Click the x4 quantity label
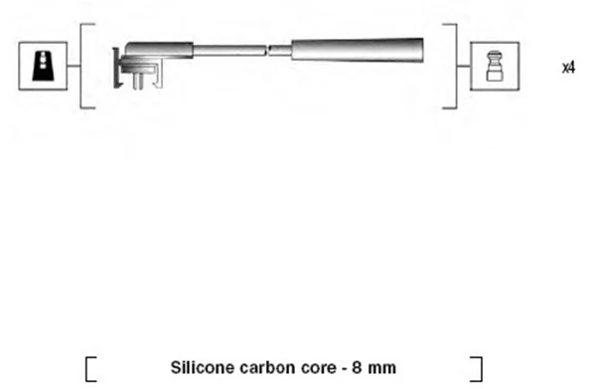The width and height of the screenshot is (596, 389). [x=568, y=68]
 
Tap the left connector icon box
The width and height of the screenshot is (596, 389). [x=40, y=66]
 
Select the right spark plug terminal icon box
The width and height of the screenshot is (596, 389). [x=494, y=66]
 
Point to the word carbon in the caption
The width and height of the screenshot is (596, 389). [x=263, y=367]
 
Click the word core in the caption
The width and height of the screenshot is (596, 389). [x=315, y=367]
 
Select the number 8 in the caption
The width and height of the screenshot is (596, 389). [x=355, y=367]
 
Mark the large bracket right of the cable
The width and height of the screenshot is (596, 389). [x=453, y=66]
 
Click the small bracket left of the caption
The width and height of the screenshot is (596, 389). [x=90, y=368]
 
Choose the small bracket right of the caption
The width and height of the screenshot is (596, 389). [x=478, y=368]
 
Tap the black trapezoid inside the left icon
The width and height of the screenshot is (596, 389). [x=40, y=66]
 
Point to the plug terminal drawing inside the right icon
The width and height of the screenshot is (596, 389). [x=494, y=66]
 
